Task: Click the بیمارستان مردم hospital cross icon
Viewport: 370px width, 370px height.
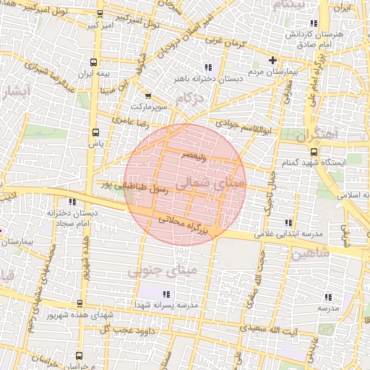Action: coord(272,60)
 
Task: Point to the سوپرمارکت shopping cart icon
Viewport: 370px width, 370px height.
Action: coord(148,95)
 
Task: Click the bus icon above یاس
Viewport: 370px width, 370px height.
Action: coord(95,132)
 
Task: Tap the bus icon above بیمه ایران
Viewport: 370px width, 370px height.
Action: coord(94,63)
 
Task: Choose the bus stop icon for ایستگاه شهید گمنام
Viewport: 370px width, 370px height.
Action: coord(314,152)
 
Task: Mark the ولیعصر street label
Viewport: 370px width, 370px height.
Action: coord(197,155)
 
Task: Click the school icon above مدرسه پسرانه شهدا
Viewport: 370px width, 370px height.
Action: coord(167,294)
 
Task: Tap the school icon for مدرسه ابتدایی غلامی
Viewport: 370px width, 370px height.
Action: coord(289,223)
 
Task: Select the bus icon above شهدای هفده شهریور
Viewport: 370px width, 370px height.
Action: coord(79,304)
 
